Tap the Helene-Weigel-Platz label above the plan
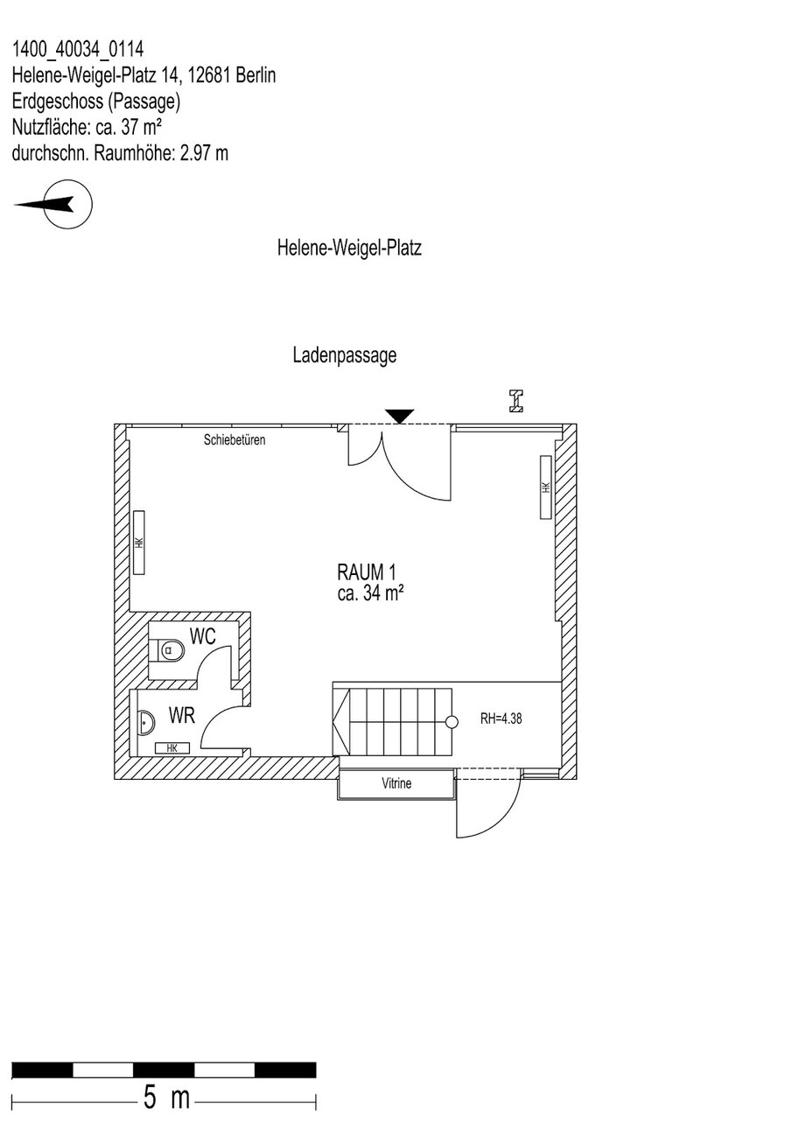(349, 249)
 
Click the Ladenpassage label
(345, 355)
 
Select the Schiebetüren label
(234, 440)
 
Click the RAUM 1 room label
(367, 572)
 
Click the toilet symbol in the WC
(169, 651)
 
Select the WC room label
(203, 637)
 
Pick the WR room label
(182, 717)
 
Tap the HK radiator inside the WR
(172, 747)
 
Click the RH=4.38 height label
(501, 721)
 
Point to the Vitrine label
(396, 784)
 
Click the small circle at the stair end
(452, 722)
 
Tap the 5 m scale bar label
(166, 1097)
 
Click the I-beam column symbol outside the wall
(517, 401)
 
